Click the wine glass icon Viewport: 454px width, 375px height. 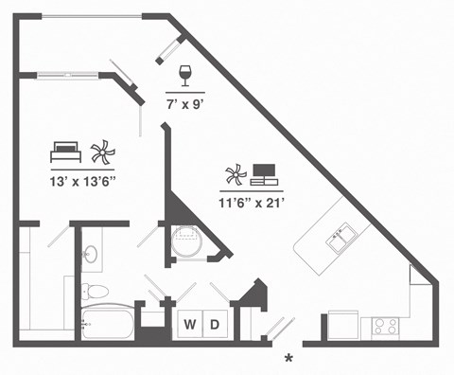coord(184,73)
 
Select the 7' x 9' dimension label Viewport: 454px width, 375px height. coord(185,96)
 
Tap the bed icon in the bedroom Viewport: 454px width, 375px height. coord(65,150)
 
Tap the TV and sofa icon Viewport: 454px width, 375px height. coord(264,175)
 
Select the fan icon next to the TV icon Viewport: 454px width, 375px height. coord(235,175)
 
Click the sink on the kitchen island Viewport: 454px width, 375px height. coord(340,238)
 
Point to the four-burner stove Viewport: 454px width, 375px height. coord(385,326)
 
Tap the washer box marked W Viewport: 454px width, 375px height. coord(190,325)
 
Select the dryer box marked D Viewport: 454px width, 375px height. coord(215,325)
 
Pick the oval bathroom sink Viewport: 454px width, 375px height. coord(89,255)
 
